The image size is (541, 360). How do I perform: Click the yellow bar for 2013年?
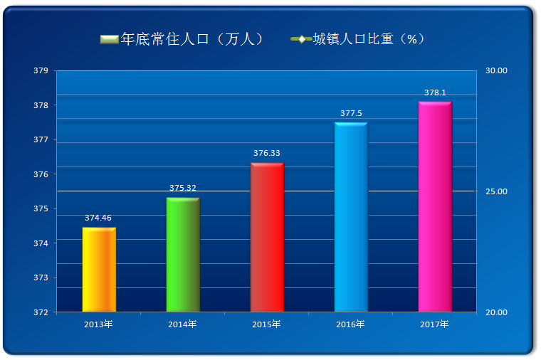click(x=99, y=270)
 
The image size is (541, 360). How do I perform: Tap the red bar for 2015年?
click(x=267, y=238)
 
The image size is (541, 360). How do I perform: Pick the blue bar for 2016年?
click(x=351, y=217)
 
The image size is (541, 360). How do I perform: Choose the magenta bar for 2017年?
click(x=435, y=207)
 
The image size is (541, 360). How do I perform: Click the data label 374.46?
click(x=98, y=218)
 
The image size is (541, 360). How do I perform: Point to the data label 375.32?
click(x=183, y=188)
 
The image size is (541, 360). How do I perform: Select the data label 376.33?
click(x=267, y=153)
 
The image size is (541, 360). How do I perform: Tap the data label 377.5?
click(x=351, y=113)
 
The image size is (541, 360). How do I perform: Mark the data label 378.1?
click(x=435, y=92)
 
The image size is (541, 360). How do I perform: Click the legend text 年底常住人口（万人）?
click(x=192, y=38)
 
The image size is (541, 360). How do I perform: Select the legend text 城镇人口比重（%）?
click(x=370, y=38)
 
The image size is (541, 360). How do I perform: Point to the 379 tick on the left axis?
click(x=41, y=71)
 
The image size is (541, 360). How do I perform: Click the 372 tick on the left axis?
click(x=41, y=312)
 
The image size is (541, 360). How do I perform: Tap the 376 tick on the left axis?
click(x=41, y=174)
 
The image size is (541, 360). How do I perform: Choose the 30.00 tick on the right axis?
click(x=496, y=71)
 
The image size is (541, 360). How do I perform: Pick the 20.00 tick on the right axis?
click(x=496, y=312)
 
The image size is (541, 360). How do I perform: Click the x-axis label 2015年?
click(x=267, y=324)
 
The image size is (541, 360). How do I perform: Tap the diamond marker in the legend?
click(x=302, y=38)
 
